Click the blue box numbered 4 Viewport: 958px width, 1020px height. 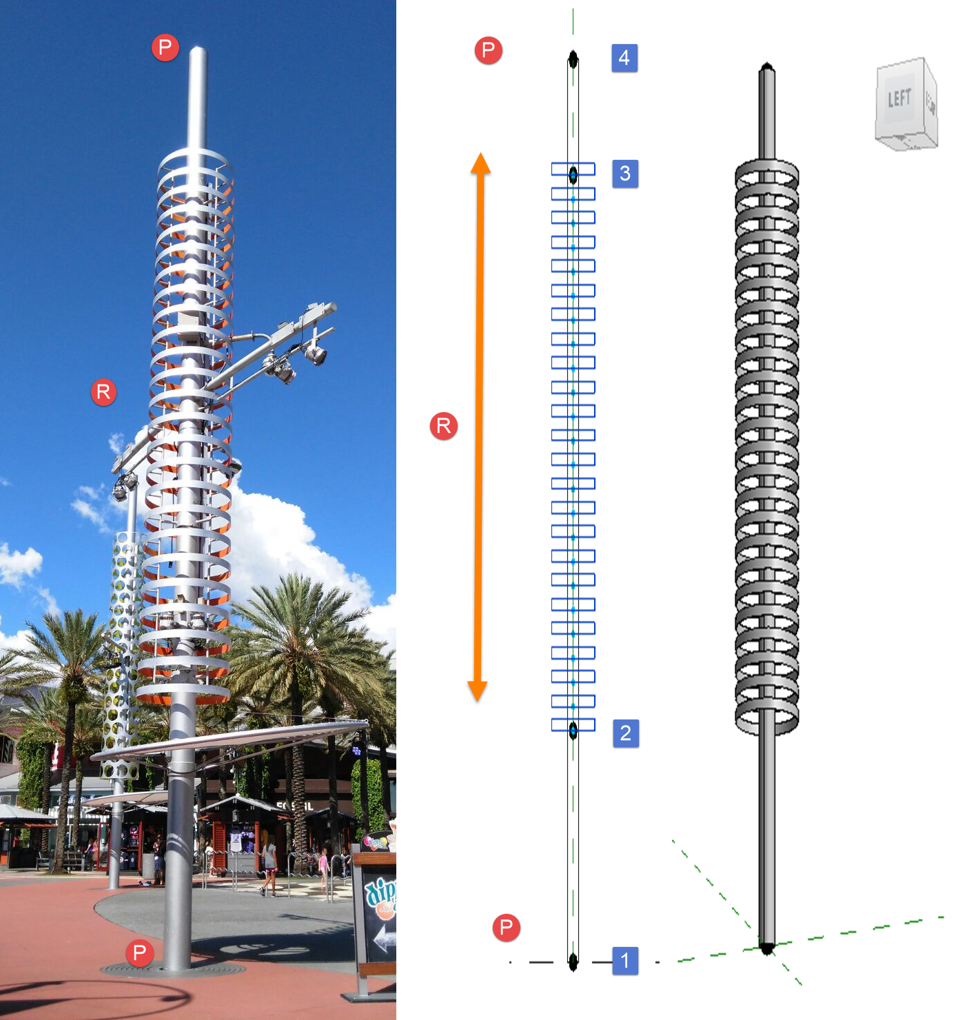tap(624, 58)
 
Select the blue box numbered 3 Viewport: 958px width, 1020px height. tap(625, 174)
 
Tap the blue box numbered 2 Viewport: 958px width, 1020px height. tap(626, 733)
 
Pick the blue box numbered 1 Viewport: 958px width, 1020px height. tap(625, 961)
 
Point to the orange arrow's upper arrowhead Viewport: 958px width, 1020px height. tap(480, 163)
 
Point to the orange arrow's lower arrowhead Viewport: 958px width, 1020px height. tap(478, 691)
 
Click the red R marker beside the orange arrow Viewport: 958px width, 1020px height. tap(444, 426)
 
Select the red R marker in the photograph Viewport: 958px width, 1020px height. tap(103, 392)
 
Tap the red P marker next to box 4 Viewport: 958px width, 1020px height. tap(489, 50)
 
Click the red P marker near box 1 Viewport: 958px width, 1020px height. tap(507, 928)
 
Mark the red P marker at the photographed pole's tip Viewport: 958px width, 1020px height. tap(165, 48)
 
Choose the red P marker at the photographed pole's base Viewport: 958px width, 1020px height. tap(140, 953)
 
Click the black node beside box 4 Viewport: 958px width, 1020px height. tap(573, 60)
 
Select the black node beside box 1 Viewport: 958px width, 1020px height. tap(573, 961)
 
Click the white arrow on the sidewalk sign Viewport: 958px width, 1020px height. tap(385, 938)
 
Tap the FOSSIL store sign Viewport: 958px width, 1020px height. tap(295, 806)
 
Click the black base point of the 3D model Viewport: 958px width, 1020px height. tap(767, 949)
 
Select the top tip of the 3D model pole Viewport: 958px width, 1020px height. tap(767, 67)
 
